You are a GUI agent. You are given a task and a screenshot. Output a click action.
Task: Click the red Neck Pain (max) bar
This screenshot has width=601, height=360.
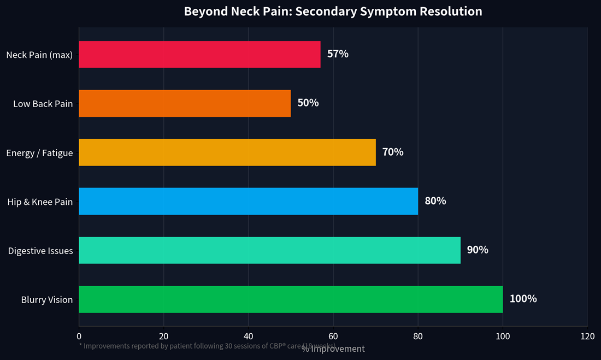pyautogui.click(x=199, y=54)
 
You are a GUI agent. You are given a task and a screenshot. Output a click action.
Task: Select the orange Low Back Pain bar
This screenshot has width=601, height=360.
pyautogui.click(x=185, y=103)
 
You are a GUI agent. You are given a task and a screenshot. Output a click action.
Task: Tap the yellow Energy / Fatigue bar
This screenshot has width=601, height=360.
pyautogui.click(x=227, y=152)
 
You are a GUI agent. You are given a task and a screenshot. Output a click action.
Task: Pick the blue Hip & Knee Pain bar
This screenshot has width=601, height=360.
pyautogui.click(x=248, y=201)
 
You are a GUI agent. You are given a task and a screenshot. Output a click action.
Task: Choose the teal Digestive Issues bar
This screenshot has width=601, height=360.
pyautogui.click(x=269, y=250)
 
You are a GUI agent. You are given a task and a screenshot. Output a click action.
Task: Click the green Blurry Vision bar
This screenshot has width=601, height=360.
pyautogui.click(x=291, y=299)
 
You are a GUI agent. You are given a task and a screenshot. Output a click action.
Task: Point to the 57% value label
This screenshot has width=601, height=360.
pyautogui.click(x=338, y=54)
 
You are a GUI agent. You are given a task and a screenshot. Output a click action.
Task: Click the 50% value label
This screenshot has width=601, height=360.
pyautogui.click(x=308, y=103)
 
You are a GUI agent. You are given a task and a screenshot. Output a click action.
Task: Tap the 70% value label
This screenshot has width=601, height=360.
pyautogui.click(x=393, y=152)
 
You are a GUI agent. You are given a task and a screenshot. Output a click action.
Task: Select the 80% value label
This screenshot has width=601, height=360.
pyautogui.click(x=435, y=201)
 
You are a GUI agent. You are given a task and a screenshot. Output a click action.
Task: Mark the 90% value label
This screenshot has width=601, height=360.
pyautogui.click(x=478, y=250)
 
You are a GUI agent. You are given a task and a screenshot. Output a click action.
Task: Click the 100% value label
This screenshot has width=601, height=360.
pyautogui.click(x=523, y=299)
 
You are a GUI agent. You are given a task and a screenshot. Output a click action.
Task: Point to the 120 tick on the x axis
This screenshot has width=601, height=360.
pyautogui.click(x=587, y=337)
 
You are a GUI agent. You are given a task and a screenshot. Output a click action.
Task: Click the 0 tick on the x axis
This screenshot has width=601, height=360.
pyautogui.click(x=79, y=337)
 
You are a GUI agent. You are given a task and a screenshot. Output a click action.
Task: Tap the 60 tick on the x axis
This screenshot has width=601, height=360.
pyautogui.click(x=333, y=337)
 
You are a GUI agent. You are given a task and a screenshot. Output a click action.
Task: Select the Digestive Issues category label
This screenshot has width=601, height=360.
pyautogui.click(x=40, y=251)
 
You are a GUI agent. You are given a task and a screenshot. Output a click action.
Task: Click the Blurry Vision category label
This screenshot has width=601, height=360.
pyautogui.click(x=47, y=300)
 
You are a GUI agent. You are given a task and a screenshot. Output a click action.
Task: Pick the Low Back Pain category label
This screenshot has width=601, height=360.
pyautogui.click(x=43, y=104)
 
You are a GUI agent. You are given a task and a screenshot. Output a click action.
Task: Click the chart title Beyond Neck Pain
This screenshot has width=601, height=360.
pyautogui.click(x=333, y=11)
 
